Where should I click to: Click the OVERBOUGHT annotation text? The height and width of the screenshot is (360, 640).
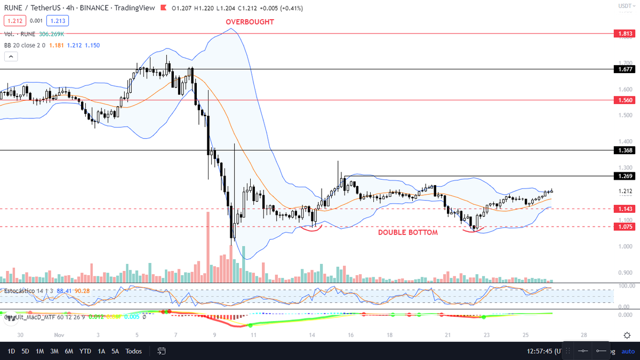click(x=250, y=22)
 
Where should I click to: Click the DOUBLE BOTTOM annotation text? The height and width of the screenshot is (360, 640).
click(x=408, y=233)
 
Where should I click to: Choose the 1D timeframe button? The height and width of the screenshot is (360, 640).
click(x=11, y=351)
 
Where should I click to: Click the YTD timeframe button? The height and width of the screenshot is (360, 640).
click(x=85, y=351)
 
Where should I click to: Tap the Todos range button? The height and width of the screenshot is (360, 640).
click(x=134, y=351)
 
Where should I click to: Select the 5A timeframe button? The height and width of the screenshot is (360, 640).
click(x=115, y=351)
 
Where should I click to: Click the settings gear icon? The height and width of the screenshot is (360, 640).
click(x=627, y=335)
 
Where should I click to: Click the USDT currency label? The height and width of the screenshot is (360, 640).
click(x=625, y=6)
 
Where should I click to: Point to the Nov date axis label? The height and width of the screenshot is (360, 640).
click(x=59, y=335)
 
